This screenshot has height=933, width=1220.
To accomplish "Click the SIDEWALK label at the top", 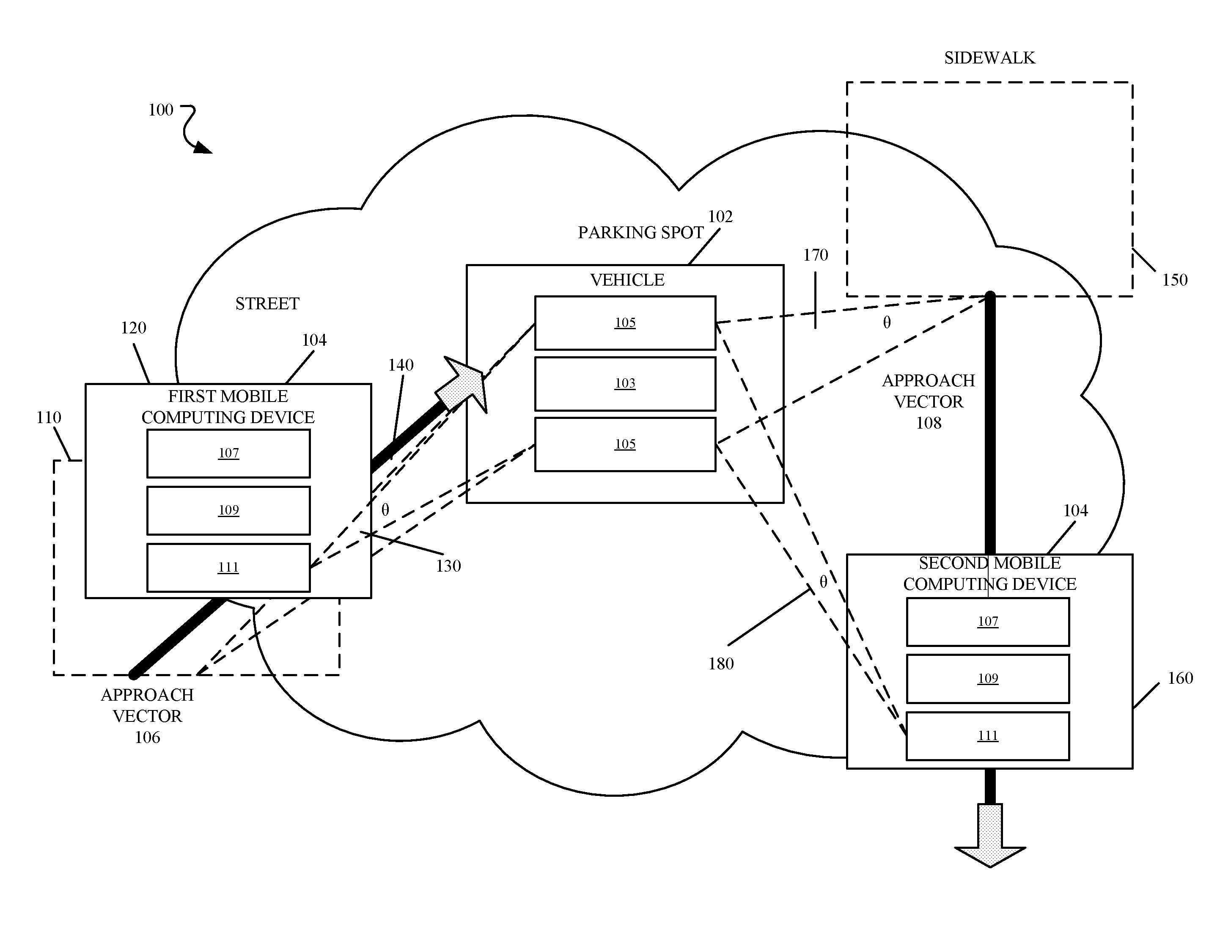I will click(x=989, y=58).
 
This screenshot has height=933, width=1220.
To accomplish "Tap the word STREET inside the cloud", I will click(x=267, y=304).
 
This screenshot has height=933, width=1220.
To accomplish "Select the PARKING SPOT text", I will click(x=640, y=232).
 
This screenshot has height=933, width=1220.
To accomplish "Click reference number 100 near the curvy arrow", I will click(x=160, y=110).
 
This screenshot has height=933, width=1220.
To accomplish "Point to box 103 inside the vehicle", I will click(x=625, y=384).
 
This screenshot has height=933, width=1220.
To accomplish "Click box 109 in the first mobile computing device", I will click(x=228, y=510).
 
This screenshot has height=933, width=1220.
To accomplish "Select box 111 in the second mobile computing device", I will click(x=987, y=736).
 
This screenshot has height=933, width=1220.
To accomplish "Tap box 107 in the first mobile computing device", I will click(x=228, y=453).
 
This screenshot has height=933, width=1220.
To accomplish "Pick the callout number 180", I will click(x=721, y=663).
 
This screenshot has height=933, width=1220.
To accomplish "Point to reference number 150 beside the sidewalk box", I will click(x=1174, y=280).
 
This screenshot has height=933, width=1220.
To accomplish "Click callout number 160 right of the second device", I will click(x=1180, y=678).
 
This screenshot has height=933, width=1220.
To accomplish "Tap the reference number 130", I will click(x=448, y=566).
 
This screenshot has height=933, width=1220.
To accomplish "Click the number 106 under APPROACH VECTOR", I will click(x=147, y=737).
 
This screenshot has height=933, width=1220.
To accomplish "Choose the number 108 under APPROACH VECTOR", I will click(x=929, y=423).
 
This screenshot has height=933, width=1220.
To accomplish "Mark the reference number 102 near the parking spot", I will click(x=720, y=216).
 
